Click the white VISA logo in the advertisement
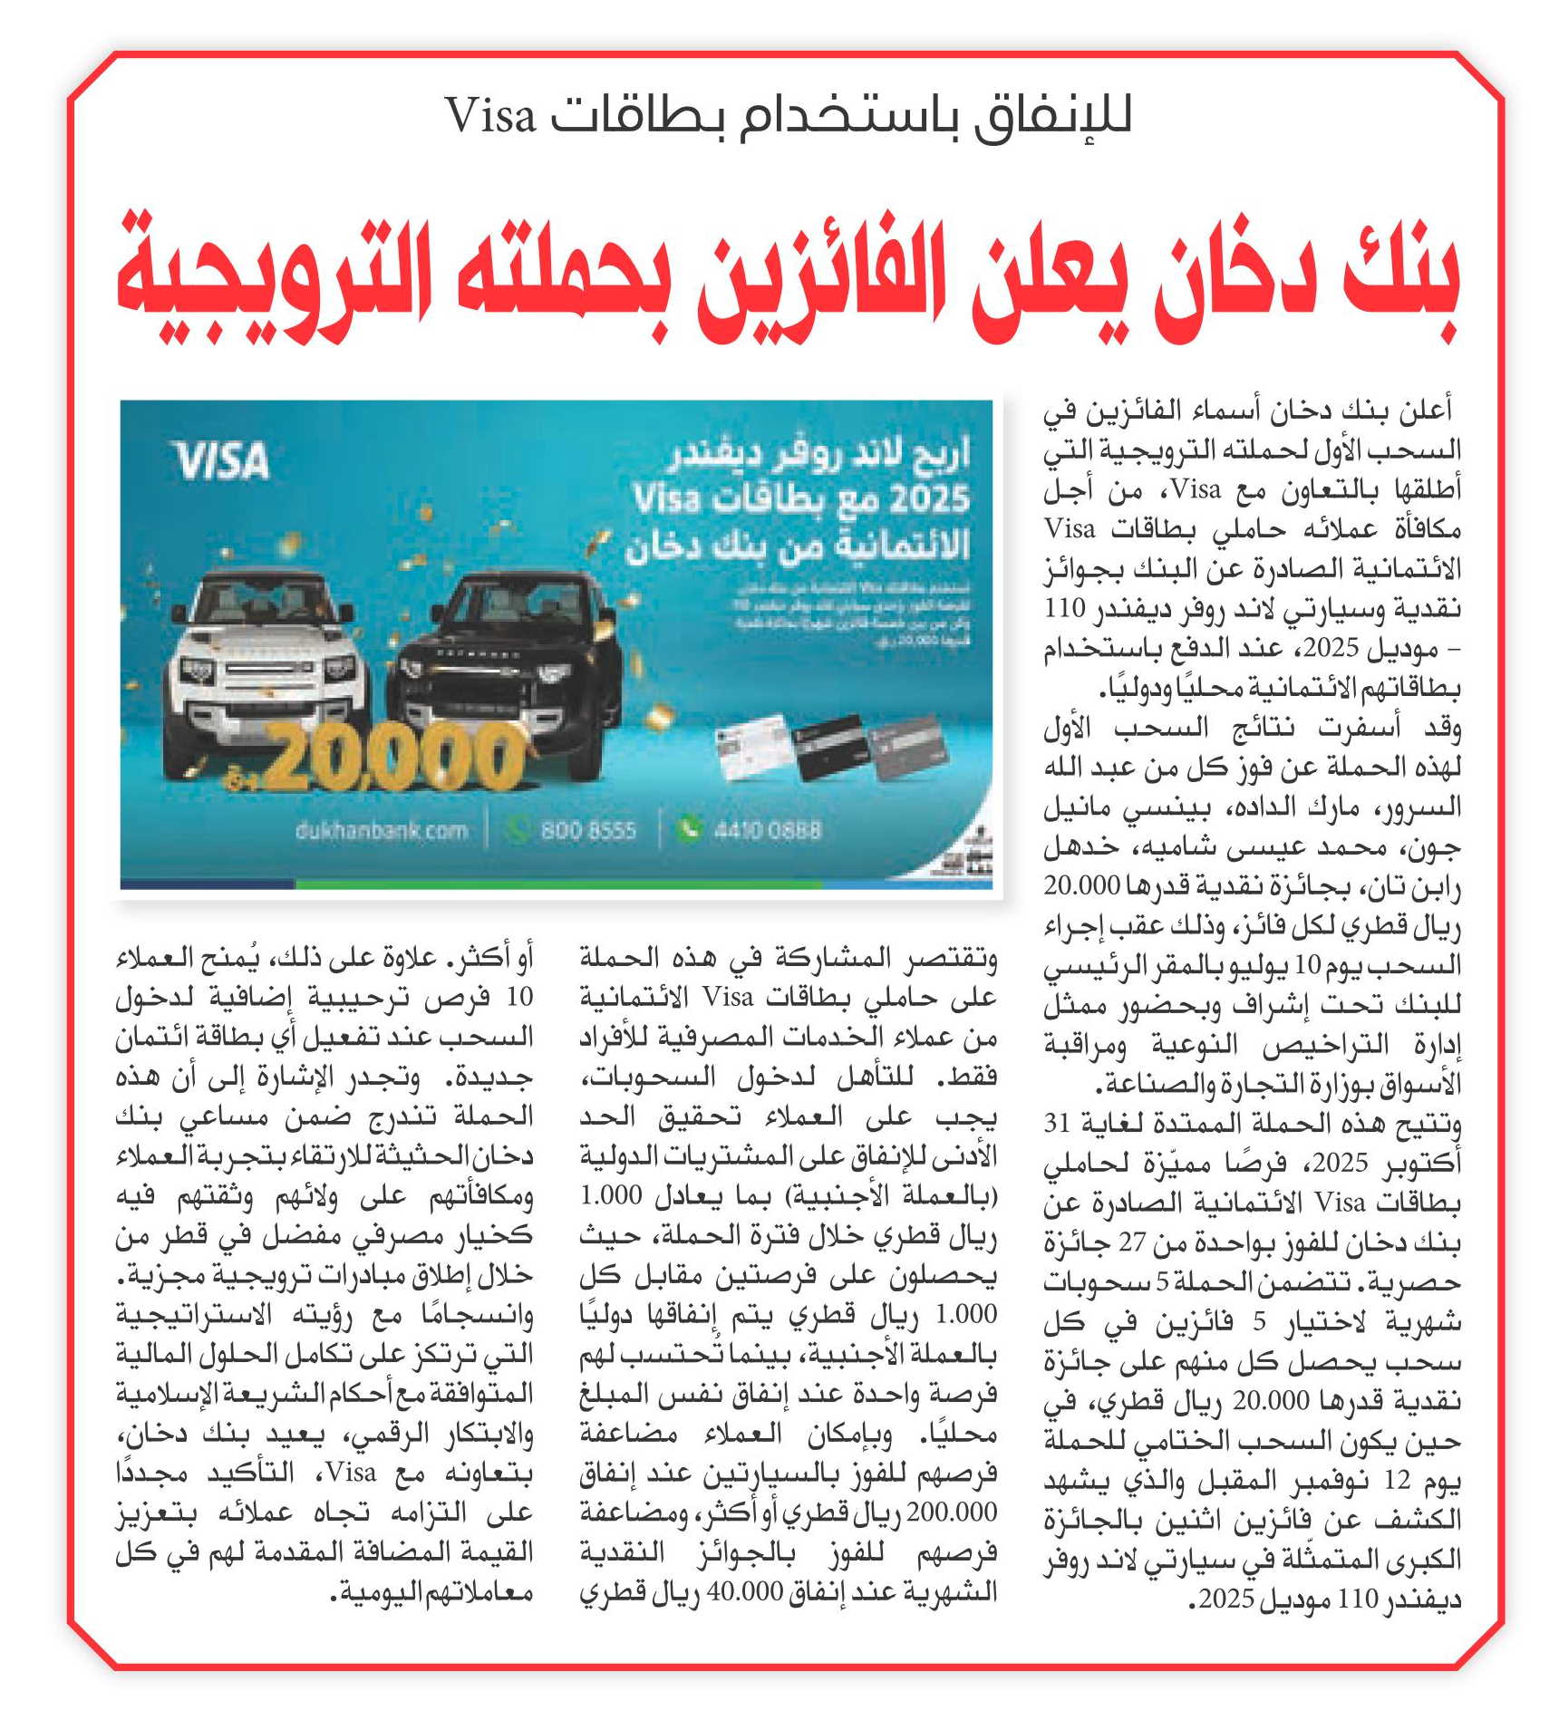point(223,460)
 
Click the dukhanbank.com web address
point(381,830)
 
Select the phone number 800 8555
point(588,830)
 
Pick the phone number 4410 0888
point(767,830)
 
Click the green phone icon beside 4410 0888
point(690,828)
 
